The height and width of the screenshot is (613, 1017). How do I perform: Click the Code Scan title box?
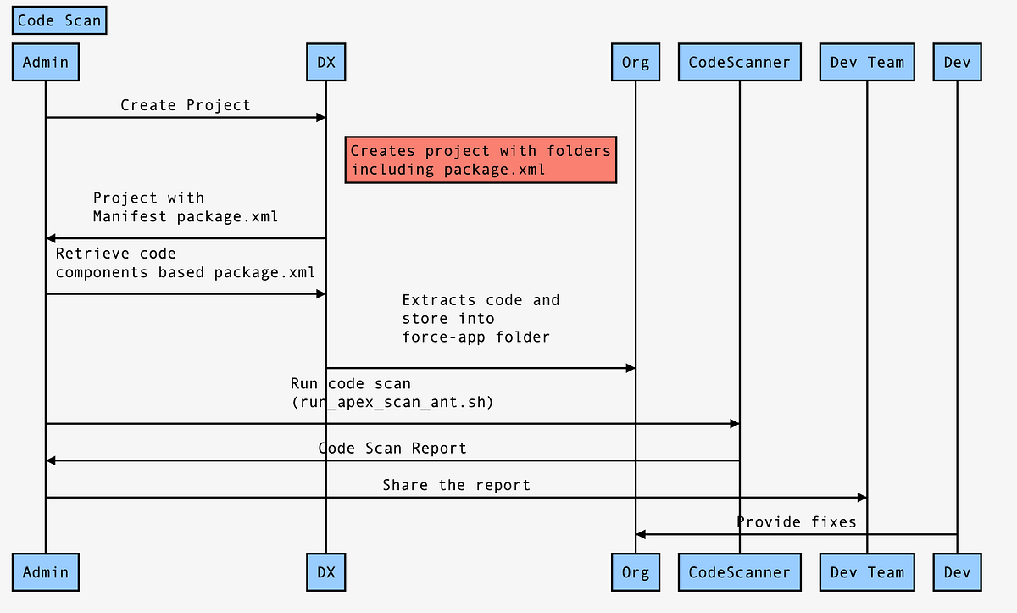(59, 21)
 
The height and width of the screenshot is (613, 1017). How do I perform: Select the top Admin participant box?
(46, 62)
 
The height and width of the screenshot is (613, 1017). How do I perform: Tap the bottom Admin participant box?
(46, 572)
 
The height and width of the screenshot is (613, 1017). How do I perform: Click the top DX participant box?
(326, 62)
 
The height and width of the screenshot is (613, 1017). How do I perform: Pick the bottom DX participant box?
(326, 572)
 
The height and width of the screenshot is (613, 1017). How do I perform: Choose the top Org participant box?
(636, 62)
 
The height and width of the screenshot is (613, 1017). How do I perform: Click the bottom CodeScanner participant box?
(739, 572)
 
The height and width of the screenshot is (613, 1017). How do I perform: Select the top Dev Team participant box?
(867, 62)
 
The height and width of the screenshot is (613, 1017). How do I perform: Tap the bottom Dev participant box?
(957, 572)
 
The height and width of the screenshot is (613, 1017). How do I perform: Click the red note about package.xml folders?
(481, 159)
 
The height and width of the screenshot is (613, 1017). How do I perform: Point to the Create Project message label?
(186, 105)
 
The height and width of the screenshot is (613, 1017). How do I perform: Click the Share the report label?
(456, 485)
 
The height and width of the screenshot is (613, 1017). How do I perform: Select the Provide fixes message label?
(796, 521)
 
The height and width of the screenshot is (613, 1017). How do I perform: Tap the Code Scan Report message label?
(392, 448)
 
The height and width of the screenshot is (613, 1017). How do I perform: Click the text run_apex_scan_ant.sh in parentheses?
(392, 403)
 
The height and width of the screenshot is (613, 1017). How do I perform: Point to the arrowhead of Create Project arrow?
(321, 117)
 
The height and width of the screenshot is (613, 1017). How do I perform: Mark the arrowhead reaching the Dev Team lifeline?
(862, 498)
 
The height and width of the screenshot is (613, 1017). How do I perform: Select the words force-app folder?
(475, 337)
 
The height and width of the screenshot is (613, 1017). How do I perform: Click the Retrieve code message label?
(116, 253)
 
